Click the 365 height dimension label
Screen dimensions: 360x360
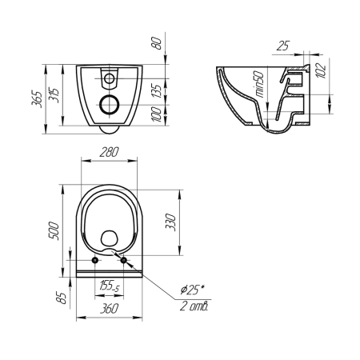(x=37, y=99)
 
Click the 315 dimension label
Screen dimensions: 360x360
(x=54, y=95)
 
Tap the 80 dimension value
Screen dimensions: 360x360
(x=157, y=43)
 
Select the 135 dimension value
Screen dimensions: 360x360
(x=157, y=91)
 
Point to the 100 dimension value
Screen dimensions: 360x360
(x=157, y=114)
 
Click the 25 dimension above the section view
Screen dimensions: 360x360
(x=283, y=46)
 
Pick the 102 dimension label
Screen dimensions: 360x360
(x=321, y=70)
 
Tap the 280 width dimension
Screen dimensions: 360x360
(x=109, y=152)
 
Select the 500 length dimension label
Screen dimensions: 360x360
(x=54, y=231)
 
